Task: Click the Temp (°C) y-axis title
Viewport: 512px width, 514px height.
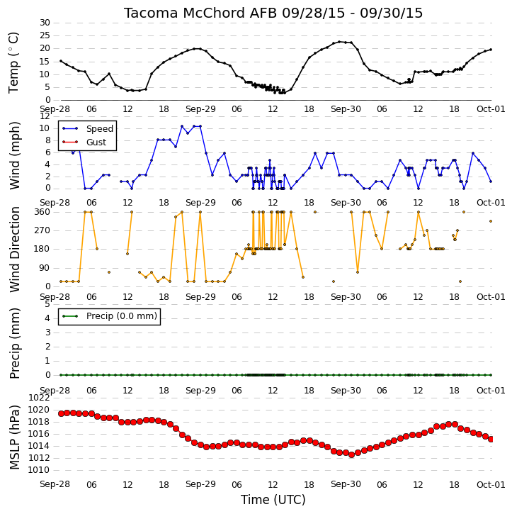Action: tap(13, 62)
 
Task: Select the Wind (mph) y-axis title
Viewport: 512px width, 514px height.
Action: tap(14, 155)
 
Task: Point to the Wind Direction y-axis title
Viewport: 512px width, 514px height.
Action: tap(14, 250)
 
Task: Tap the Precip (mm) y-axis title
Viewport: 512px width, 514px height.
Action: tap(14, 343)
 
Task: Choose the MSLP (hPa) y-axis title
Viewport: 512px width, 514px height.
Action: tap(14, 437)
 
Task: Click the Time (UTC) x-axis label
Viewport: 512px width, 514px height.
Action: tap(273, 500)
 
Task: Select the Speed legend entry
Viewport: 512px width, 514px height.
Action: tap(100, 129)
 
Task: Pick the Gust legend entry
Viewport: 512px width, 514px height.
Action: tap(96, 143)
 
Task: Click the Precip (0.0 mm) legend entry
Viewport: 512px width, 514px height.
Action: tap(122, 316)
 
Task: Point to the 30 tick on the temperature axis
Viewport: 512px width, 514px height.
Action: tap(45, 23)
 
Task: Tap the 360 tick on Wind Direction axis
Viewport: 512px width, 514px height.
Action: tap(42, 212)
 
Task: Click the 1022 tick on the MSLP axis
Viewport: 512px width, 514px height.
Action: tap(39, 398)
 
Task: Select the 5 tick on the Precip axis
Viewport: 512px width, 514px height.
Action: tap(47, 304)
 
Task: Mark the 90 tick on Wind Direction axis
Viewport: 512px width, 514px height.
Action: tap(45, 268)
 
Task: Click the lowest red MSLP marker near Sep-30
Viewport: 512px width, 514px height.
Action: tap(351, 454)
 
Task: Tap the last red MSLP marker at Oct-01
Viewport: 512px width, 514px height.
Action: tap(491, 440)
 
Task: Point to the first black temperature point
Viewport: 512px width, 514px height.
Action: tap(61, 61)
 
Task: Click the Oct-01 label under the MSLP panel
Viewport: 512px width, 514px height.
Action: tap(491, 484)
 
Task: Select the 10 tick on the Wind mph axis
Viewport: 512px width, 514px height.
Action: tap(45, 128)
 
